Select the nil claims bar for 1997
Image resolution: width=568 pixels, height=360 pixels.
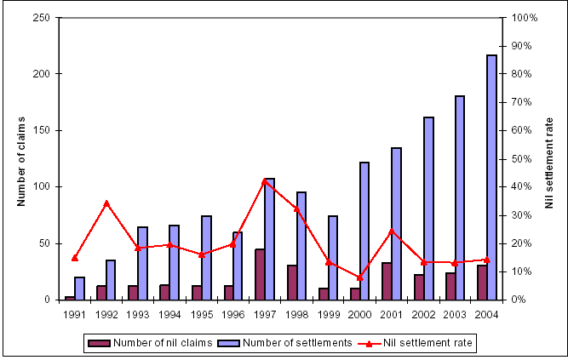(x=260, y=274)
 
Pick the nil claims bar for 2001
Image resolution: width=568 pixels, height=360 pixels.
(x=387, y=281)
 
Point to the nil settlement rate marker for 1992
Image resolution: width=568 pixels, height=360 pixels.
(x=106, y=203)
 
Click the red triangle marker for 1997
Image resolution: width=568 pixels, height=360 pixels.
(x=265, y=180)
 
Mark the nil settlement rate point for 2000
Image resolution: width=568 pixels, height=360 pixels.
(x=359, y=277)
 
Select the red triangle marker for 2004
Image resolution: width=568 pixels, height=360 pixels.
(x=486, y=260)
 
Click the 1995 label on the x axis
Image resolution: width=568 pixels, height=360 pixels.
(x=201, y=313)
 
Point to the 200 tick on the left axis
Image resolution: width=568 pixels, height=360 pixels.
(x=49, y=74)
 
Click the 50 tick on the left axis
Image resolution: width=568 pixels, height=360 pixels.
(x=52, y=243)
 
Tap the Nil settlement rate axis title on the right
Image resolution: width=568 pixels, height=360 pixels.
(x=549, y=162)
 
